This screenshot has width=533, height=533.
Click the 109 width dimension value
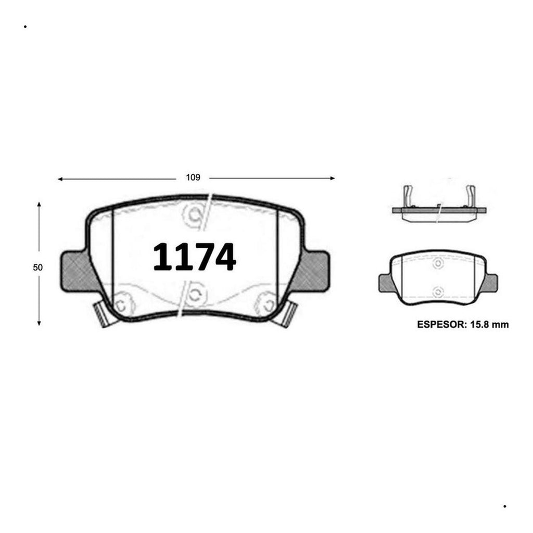pos(193,177)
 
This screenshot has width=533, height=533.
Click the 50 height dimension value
pos(37,268)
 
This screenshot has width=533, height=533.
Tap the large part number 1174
pos(195,257)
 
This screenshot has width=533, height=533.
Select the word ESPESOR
pos(441,325)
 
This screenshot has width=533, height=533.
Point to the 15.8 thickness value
pos(479,325)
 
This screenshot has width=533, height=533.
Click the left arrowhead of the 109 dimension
pos(60,179)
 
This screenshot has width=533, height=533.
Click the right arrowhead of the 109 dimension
pos(333,178)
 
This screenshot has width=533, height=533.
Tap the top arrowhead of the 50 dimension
pos(39,204)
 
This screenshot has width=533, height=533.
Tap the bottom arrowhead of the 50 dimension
pos(39,323)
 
